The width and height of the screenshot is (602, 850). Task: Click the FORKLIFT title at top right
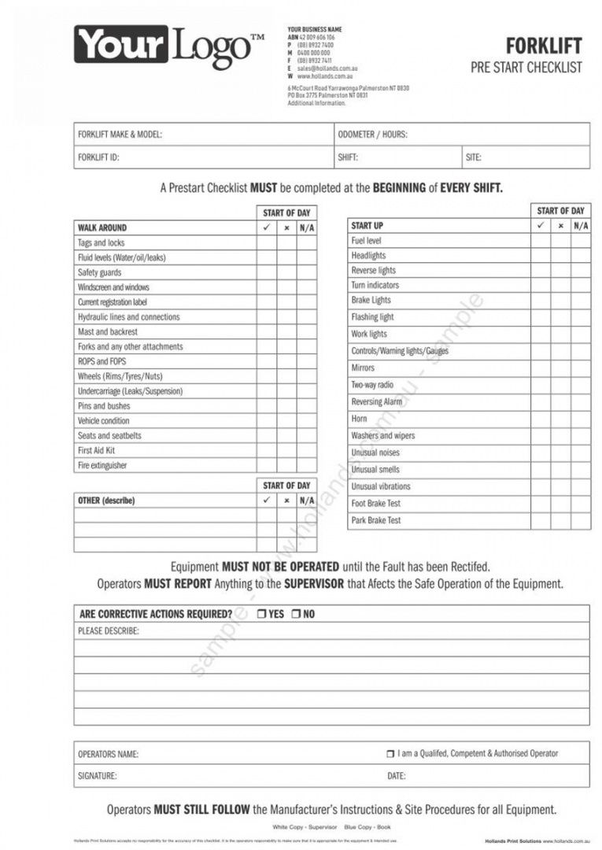click(x=544, y=46)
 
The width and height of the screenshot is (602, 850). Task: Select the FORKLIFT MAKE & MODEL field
click(x=120, y=135)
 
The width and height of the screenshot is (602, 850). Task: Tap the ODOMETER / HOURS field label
click(x=372, y=135)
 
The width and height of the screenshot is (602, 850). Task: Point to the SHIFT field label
click(x=348, y=157)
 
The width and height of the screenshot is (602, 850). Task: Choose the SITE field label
click(x=473, y=157)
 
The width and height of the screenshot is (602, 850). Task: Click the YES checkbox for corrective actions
click(x=261, y=614)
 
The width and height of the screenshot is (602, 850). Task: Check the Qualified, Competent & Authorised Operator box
click(x=390, y=754)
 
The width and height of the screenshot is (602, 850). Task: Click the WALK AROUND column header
click(x=102, y=228)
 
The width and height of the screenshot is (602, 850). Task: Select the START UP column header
click(x=367, y=226)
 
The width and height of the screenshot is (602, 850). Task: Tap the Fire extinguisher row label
click(x=102, y=465)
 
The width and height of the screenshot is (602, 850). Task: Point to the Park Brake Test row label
click(x=376, y=520)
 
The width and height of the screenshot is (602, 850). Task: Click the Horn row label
click(x=359, y=419)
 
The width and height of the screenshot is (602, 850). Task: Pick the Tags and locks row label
click(x=101, y=243)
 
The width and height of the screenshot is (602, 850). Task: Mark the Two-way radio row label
click(x=372, y=385)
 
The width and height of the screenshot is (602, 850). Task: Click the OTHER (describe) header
click(x=106, y=501)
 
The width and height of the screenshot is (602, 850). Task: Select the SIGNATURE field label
click(x=97, y=776)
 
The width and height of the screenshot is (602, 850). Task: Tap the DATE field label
click(x=397, y=776)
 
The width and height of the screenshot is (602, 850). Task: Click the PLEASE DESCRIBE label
click(x=109, y=631)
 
